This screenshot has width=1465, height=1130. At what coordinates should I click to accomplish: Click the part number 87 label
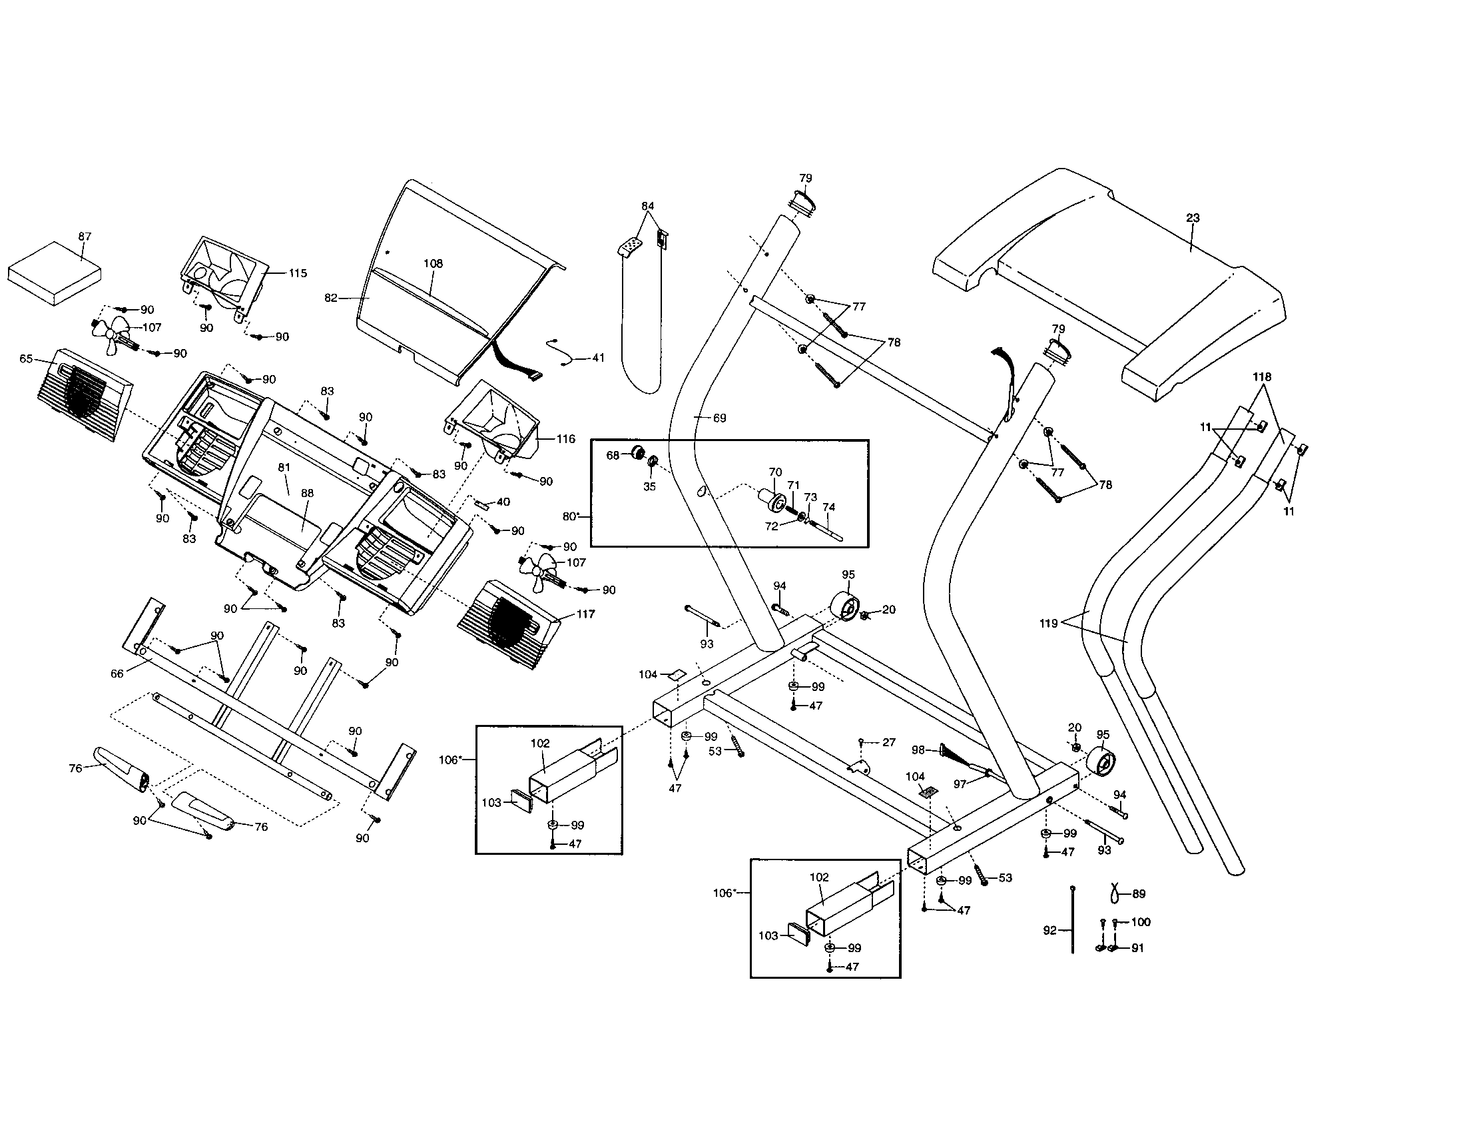click(x=85, y=237)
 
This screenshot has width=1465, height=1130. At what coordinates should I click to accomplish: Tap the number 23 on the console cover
click(x=1193, y=218)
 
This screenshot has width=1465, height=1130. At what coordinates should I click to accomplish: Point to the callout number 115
click(x=298, y=273)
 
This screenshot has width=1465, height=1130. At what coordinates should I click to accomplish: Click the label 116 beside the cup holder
click(x=565, y=439)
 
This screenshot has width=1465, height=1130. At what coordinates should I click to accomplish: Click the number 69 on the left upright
click(x=719, y=418)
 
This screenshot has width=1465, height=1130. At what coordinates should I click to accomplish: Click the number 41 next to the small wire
click(x=599, y=358)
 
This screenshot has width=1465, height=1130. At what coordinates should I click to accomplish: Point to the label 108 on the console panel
click(x=434, y=264)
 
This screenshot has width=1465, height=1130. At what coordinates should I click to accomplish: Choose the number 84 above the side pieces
click(x=647, y=206)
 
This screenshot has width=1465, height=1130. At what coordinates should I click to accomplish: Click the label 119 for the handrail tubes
click(x=1048, y=624)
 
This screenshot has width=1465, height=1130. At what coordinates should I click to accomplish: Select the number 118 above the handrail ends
click(x=1262, y=377)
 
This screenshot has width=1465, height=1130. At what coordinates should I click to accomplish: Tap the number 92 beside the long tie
click(x=1049, y=930)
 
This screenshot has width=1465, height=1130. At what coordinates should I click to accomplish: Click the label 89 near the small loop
click(x=1138, y=893)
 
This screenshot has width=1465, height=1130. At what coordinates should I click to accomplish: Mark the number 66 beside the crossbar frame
click(x=117, y=674)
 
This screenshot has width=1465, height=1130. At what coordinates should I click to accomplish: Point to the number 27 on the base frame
click(x=889, y=742)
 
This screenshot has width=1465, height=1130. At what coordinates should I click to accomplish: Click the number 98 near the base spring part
click(x=918, y=750)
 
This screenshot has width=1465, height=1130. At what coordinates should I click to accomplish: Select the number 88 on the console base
click(x=307, y=493)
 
